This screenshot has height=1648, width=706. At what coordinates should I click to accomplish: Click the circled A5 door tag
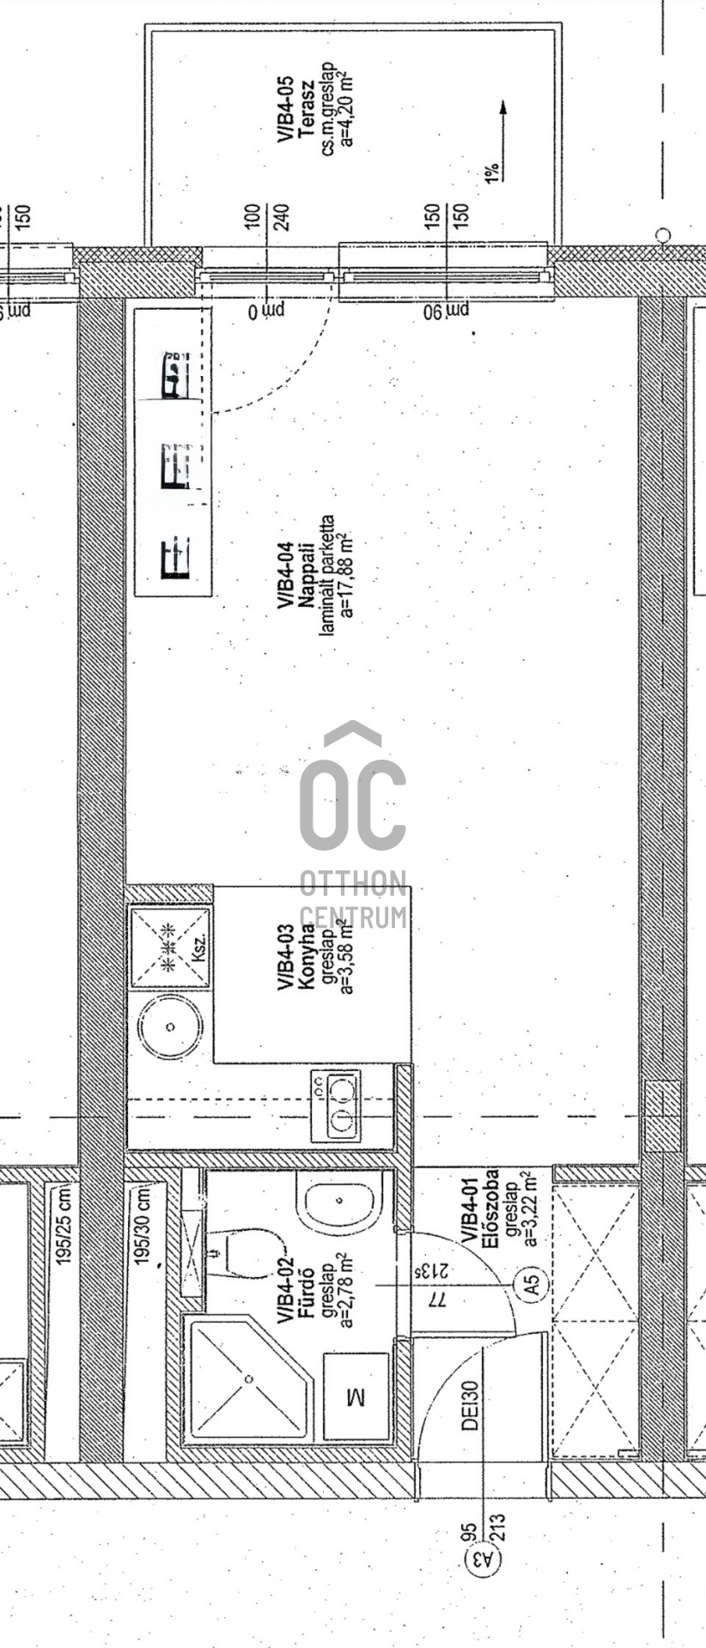click(532, 1284)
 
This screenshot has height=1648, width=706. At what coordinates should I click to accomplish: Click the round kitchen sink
click(171, 1027)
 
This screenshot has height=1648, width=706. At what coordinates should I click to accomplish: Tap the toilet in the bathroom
click(245, 1253)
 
